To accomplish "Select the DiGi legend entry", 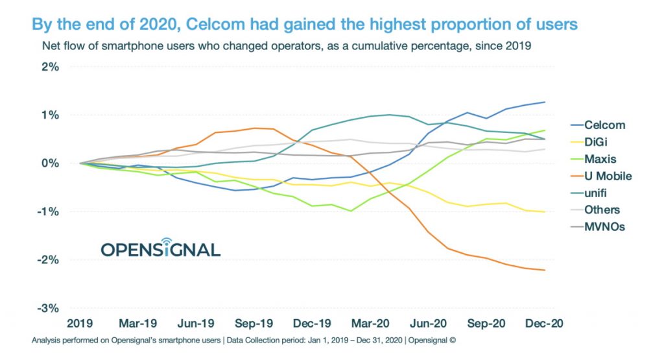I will (597, 142).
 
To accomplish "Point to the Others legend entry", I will (601, 210).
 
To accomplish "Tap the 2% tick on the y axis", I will (50, 67).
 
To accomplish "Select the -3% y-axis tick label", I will (49, 308).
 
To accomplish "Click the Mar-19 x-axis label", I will (137, 323).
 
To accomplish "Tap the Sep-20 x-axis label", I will (486, 323).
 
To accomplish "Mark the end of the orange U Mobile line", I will (545, 270).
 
